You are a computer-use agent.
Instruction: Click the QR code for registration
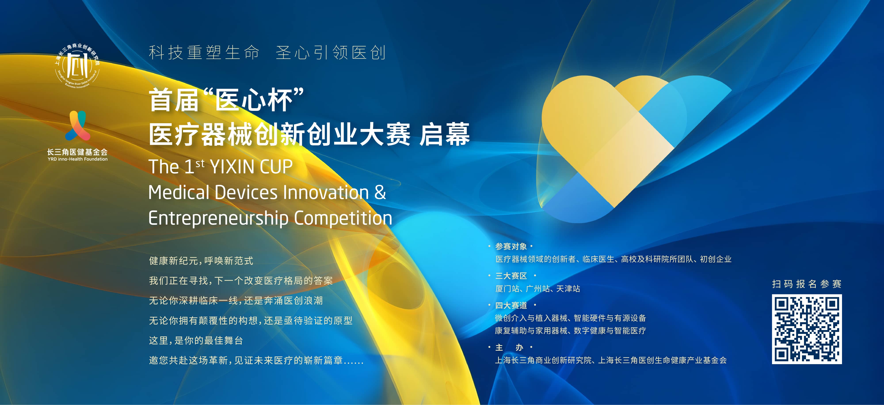pyautogui.click(x=807, y=329)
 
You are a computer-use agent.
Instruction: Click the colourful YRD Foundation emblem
pyautogui.click(x=78, y=125)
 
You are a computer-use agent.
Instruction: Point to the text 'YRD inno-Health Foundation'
pyautogui.click(x=78, y=159)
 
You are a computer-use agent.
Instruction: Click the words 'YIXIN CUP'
pyautogui.click(x=251, y=167)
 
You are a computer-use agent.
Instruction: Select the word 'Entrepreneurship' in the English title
pyautogui.click(x=219, y=218)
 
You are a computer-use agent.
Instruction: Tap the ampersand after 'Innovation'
pyautogui.click(x=380, y=192)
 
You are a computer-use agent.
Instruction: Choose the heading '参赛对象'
pyautogui.click(x=511, y=247)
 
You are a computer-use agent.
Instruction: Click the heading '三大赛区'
pyautogui.click(x=511, y=276)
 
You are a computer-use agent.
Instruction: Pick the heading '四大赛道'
pyautogui.click(x=511, y=305)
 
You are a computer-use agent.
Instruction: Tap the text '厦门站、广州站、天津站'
pyautogui.click(x=538, y=289)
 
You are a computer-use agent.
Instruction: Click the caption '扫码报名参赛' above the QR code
pyautogui.click(x=807, y=284)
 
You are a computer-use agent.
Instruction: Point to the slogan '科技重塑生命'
pyautogui.click(x=204, y=53)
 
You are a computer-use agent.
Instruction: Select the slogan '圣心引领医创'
pyautogui.click(x=331, y=53)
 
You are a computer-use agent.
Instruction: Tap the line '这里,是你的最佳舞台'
pyautogui.click(x=196, y=341)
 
